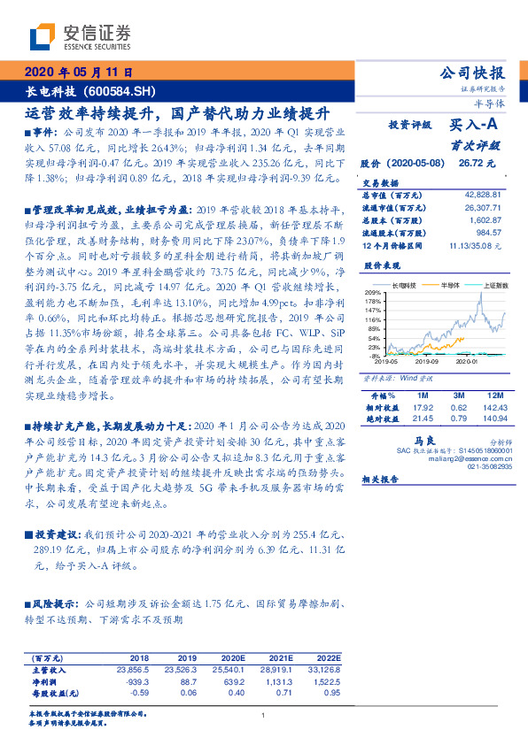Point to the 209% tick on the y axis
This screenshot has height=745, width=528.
click(x=373, y=292)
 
